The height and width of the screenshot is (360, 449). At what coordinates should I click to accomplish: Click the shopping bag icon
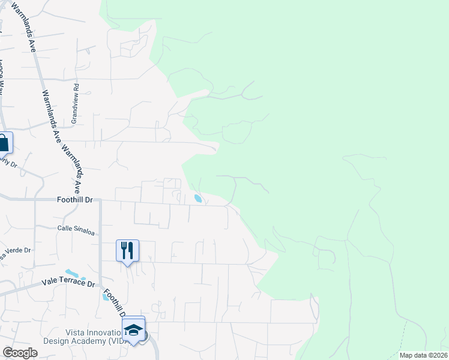tap(3, 143)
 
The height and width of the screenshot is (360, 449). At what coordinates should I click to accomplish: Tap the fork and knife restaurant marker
tap(127, 250)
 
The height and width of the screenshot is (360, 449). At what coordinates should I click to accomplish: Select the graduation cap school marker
tap(133, 329)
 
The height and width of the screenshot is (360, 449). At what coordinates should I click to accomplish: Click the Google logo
tap(20, 353)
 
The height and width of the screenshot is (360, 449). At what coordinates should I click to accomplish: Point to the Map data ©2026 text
tap(423, 355)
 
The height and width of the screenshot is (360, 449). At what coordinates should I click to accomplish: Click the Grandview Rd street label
tap(75, 103)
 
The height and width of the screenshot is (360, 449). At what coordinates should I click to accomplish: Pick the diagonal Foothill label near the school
tap(113, 304)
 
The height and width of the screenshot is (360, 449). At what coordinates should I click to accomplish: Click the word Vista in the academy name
tap(77, 332)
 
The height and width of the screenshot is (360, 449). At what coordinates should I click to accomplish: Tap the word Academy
tap(90, 341)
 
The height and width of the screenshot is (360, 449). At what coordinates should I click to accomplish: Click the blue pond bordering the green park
tap(197, 199)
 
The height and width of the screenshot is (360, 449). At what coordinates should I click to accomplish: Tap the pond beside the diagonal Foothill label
tap(106, 296)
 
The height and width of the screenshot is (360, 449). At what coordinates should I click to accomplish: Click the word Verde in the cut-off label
tap(18, 250)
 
